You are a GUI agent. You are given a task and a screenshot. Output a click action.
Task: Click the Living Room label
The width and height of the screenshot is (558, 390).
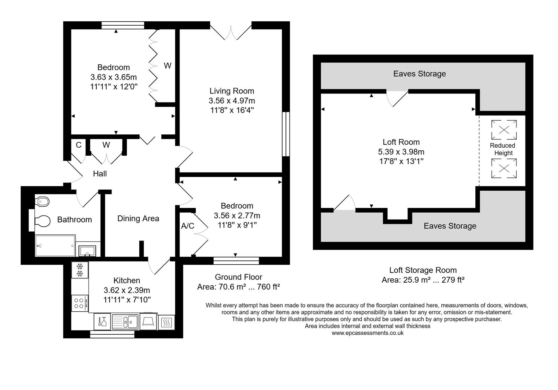pos(232,91)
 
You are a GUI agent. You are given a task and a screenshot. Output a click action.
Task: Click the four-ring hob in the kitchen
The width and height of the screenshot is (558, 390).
pos(80,303)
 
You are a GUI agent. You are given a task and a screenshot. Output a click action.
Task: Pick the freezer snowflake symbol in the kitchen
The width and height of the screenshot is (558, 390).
pos(80,270)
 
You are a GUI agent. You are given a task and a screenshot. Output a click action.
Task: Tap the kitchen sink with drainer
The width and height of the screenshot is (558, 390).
pos(125,321)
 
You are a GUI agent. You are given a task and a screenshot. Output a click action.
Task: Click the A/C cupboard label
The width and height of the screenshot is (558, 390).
pos(187,226)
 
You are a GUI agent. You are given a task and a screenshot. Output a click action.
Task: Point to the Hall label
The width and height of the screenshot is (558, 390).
pos(100,174)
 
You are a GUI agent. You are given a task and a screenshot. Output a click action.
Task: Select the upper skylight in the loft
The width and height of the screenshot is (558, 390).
pos(503,130)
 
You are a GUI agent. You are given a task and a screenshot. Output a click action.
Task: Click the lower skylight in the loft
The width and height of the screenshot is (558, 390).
pos(503,168)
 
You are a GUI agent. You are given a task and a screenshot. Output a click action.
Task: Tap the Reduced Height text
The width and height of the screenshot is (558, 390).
pos(502,149)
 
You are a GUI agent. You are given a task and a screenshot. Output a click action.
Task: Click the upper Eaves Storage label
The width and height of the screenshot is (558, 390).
pos(419,74)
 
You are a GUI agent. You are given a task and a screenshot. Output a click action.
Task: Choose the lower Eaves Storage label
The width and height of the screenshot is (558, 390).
pos(450,226)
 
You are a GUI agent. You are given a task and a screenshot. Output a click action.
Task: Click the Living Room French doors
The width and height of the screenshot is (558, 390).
pos(231,31)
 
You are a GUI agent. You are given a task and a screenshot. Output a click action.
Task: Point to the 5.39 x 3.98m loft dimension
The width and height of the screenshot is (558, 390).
pos(401,152)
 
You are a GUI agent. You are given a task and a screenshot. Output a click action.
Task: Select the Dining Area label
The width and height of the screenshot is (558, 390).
pos(138,218)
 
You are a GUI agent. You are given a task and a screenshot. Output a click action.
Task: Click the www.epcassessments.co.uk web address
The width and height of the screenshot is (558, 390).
pos(367,333)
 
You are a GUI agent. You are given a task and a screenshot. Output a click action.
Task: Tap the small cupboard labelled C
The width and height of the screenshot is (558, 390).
pos(78,145)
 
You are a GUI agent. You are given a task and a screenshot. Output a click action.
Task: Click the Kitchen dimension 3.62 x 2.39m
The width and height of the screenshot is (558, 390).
pos(127,290)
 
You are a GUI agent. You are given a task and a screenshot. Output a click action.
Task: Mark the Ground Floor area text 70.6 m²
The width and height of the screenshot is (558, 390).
pos(238,287)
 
